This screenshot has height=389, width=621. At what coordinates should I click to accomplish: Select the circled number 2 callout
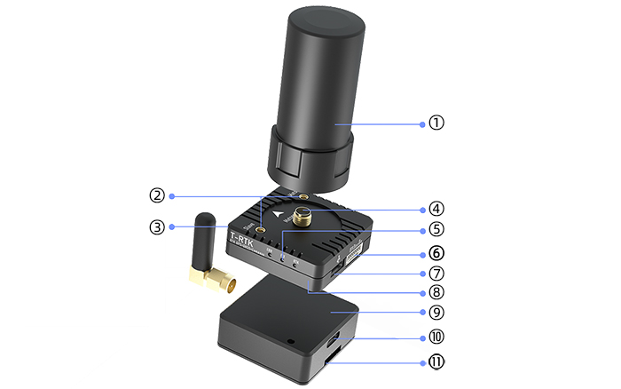click(157, 195)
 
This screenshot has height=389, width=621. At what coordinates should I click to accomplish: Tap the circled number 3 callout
click(157, 227)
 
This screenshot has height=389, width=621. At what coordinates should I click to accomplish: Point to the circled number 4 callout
click(436, 210)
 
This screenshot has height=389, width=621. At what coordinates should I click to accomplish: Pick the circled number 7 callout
click(436, 273)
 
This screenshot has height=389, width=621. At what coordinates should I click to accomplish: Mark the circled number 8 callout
click(436, 292)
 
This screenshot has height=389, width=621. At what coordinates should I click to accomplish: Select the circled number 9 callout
click(436, 313)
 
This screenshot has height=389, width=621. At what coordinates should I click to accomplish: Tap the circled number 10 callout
click(436, 337)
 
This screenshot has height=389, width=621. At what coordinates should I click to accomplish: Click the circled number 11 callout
click(436, 361)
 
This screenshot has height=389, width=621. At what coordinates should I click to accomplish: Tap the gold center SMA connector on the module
click(303, 216)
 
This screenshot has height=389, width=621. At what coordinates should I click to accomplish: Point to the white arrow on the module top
click(282, 214)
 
